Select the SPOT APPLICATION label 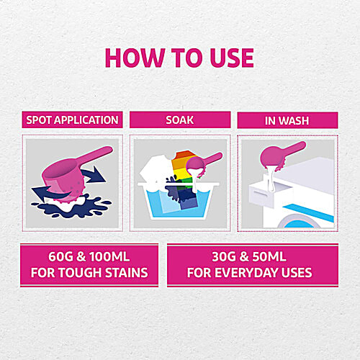click(72, 120)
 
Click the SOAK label click(180, 120)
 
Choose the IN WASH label click(287, 120)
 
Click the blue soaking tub click(180, 207)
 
